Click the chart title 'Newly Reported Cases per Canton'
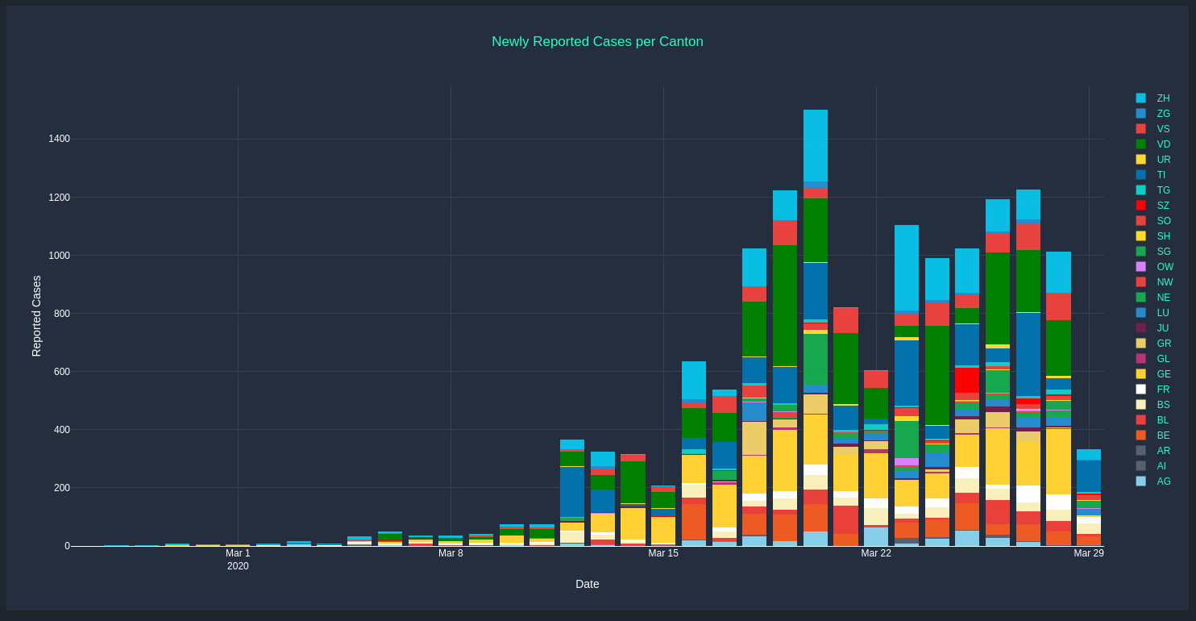point(597,42)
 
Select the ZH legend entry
point(1163,98)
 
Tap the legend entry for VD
point(1163,144)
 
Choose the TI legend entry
point(1161,175)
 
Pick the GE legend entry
point(1163,374)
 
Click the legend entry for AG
point(1163,481)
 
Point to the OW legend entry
point(1165,267)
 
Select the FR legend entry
point(1163,390)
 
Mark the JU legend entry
point(1162,328)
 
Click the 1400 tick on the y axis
point(59,139)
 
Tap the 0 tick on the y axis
point(67,546)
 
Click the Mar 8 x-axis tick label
point(451,553)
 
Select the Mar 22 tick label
point(876,553)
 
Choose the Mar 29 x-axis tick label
point(1088,553)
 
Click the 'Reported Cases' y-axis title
point(36,316)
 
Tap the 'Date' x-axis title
point(587,584)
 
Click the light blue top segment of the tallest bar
point(816,145)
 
